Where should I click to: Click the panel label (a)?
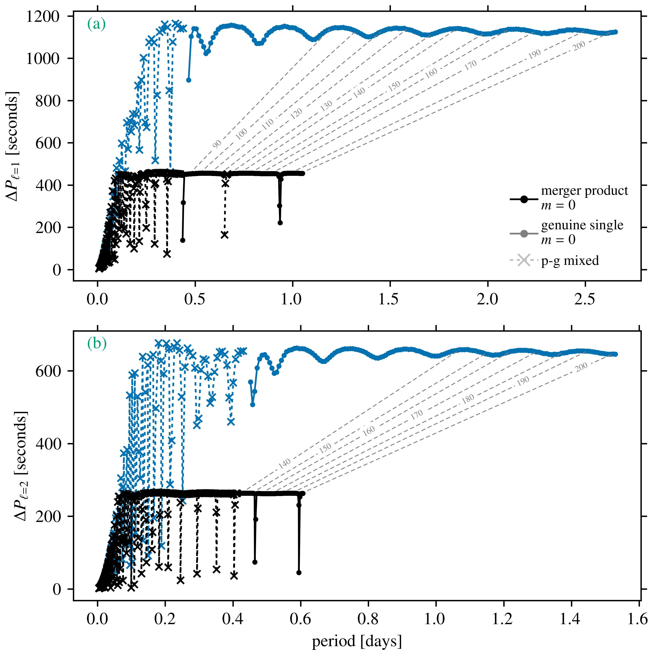pos(96,24)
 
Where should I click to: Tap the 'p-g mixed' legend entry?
pos(570,260)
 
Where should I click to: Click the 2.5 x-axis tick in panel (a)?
pos(584,299)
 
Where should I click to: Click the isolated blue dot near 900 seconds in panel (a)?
pos(189,80)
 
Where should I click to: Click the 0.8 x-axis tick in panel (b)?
pos(368,619)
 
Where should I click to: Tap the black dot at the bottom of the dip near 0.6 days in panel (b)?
pos(299,573)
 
